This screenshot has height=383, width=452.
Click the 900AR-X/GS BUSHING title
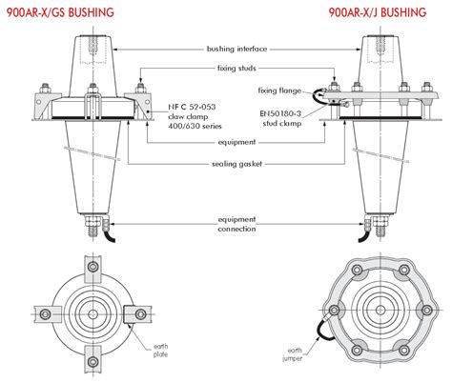pyautogui.click(x=60, y=12)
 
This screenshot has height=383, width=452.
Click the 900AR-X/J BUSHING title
pyautogui.click(x=378, y=12)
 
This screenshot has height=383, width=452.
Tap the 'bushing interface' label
pyautogui.click(x=236, y=49)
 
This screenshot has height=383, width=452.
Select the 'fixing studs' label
pyautogui.click(x=236, y=68)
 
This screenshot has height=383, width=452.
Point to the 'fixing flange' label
pyautogui.click(x=279, y=91)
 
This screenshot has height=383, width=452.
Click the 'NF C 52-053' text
pyautogui.click(x=192, y=107)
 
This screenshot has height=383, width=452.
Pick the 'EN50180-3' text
pyautogui.click(x=280, y=113)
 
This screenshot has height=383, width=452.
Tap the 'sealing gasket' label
pyautogui.click(x=236, y=164)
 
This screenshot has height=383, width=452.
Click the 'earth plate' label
pyautogui.click(x=160, y=351)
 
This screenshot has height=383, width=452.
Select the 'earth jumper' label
pyautogui.click(x=292, y=354)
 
